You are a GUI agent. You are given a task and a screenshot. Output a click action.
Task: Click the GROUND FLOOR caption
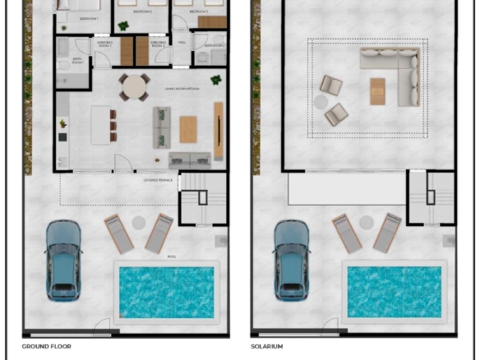pos(46,347)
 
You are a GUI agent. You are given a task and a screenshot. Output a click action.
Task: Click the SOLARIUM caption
pos(266,347)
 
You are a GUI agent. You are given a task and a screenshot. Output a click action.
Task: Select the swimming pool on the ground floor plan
pos(166,292)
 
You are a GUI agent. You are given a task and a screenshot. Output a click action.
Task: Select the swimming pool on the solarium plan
pos(395,292)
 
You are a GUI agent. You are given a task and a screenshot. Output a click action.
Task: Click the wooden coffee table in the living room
pos(188,129)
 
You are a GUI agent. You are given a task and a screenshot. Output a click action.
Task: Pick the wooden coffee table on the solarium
pos(377,91)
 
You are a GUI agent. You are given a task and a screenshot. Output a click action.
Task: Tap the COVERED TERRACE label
pos(158,179)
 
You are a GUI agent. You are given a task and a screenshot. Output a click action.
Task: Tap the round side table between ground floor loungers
pos(138,222)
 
